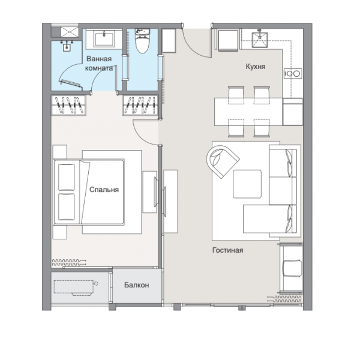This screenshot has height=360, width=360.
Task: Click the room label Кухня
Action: click(256, 67)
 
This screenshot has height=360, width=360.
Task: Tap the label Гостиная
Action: click(227, 250)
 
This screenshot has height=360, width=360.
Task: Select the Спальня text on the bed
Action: click(104, 190)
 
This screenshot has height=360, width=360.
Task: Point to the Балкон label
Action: click(137, 285)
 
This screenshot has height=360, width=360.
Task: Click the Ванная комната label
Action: click(99, 64)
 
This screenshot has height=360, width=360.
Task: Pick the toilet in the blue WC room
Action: click(142, 41)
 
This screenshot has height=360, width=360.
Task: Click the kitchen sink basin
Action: click(260, 40)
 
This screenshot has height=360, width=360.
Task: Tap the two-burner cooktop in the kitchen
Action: click(293, 73)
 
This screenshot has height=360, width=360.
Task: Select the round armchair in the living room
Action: click(222, 161)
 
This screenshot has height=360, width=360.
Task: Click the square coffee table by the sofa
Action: click(247, 184)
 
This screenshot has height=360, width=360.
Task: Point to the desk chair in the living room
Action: click(292, 268)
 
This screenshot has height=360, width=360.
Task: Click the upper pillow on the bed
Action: click(67, 177)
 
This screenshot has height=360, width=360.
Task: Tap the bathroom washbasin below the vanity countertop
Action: click(67, 47)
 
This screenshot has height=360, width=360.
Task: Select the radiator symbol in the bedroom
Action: click(69, 263)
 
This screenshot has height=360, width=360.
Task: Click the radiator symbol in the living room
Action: click(284, 299)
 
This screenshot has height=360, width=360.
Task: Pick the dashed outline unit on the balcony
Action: click(75, 287)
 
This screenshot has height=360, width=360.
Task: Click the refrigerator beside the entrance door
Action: click(169, 41)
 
